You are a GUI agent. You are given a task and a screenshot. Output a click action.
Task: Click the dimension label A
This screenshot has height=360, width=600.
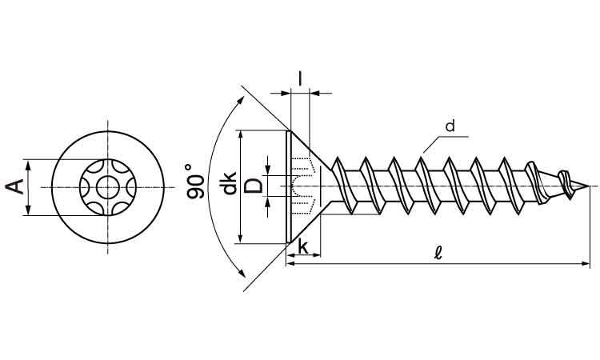click(x=15, y=188)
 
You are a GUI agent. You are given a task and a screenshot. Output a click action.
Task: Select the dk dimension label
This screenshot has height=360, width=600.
click(x=229, y=186)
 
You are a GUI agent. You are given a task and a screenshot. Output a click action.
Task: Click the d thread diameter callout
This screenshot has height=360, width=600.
click(x=450, y=126)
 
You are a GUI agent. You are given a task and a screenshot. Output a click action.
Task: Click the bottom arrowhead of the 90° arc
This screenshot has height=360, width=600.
click(x=240, y=274)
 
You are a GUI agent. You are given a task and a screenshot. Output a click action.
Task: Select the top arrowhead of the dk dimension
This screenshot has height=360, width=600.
click(x=240, y=135)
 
